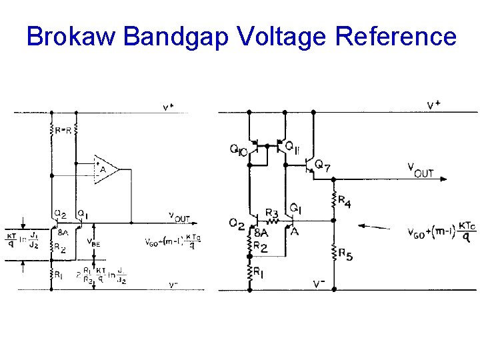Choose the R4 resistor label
point(343,201)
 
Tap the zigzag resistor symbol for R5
point(333,252)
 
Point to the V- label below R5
point(320,284)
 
